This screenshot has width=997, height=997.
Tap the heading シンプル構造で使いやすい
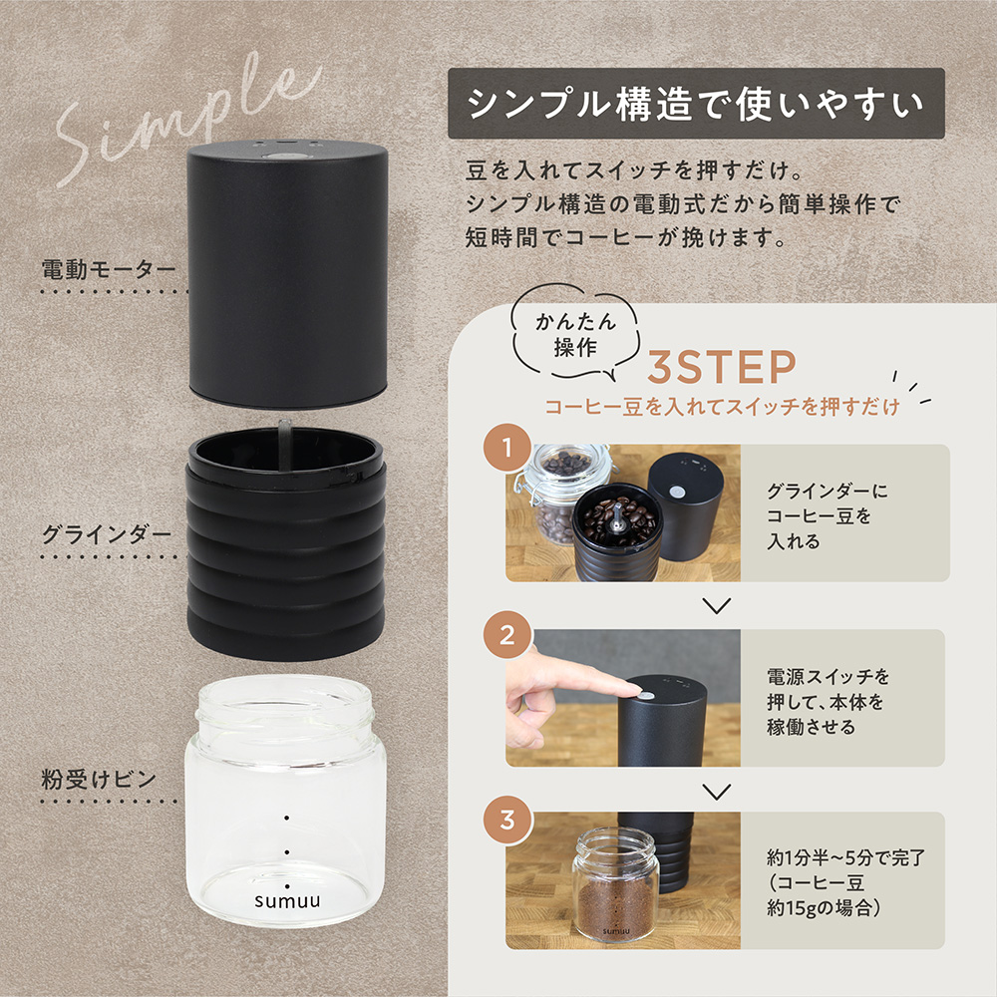(x=696, y=103)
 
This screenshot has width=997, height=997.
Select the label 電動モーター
(x=109, y=269)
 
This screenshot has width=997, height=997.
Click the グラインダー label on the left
(x=107, y=533)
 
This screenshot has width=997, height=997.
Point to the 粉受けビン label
(x=99, y=779)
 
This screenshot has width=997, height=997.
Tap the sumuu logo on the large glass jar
(x=286, y=899)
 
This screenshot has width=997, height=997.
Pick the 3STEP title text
(x=722, y=368)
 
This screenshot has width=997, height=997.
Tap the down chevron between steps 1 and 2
(x=717, y=605)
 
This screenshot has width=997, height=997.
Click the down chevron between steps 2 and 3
(x=717, y=791)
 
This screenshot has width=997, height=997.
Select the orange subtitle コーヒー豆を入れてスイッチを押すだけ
(x=722, y=407)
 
